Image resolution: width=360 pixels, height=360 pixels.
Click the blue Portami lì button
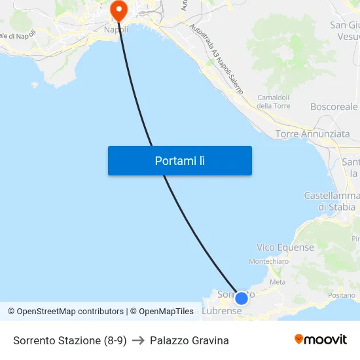coord(179,160)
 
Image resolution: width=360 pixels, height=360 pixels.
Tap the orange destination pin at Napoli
coord(118,10)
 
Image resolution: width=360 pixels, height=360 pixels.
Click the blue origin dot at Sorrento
coord(241,298)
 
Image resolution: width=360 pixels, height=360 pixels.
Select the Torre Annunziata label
coord(312,134)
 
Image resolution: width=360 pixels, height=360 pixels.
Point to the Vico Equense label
coord(285,247)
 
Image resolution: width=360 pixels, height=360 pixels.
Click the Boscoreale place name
coord(334,106)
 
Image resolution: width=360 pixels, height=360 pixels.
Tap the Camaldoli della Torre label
coord(273,101)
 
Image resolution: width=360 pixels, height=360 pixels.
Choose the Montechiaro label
coord(268,261)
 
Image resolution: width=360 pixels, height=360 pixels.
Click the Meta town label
coord(278,282)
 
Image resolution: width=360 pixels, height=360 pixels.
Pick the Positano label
coord(342,295)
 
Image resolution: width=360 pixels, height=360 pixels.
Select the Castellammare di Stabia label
coord(332,202)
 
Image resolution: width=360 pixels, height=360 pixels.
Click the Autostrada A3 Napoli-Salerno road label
coord(217,59)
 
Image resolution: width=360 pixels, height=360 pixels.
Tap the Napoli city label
coord(116,29)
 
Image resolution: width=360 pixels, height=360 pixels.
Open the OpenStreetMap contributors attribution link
coord(70,312)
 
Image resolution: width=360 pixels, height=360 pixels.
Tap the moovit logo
coord(321,339)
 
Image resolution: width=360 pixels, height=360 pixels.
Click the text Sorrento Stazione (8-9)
coord(69,340)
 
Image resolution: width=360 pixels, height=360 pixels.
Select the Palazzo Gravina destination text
coord(189,340)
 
